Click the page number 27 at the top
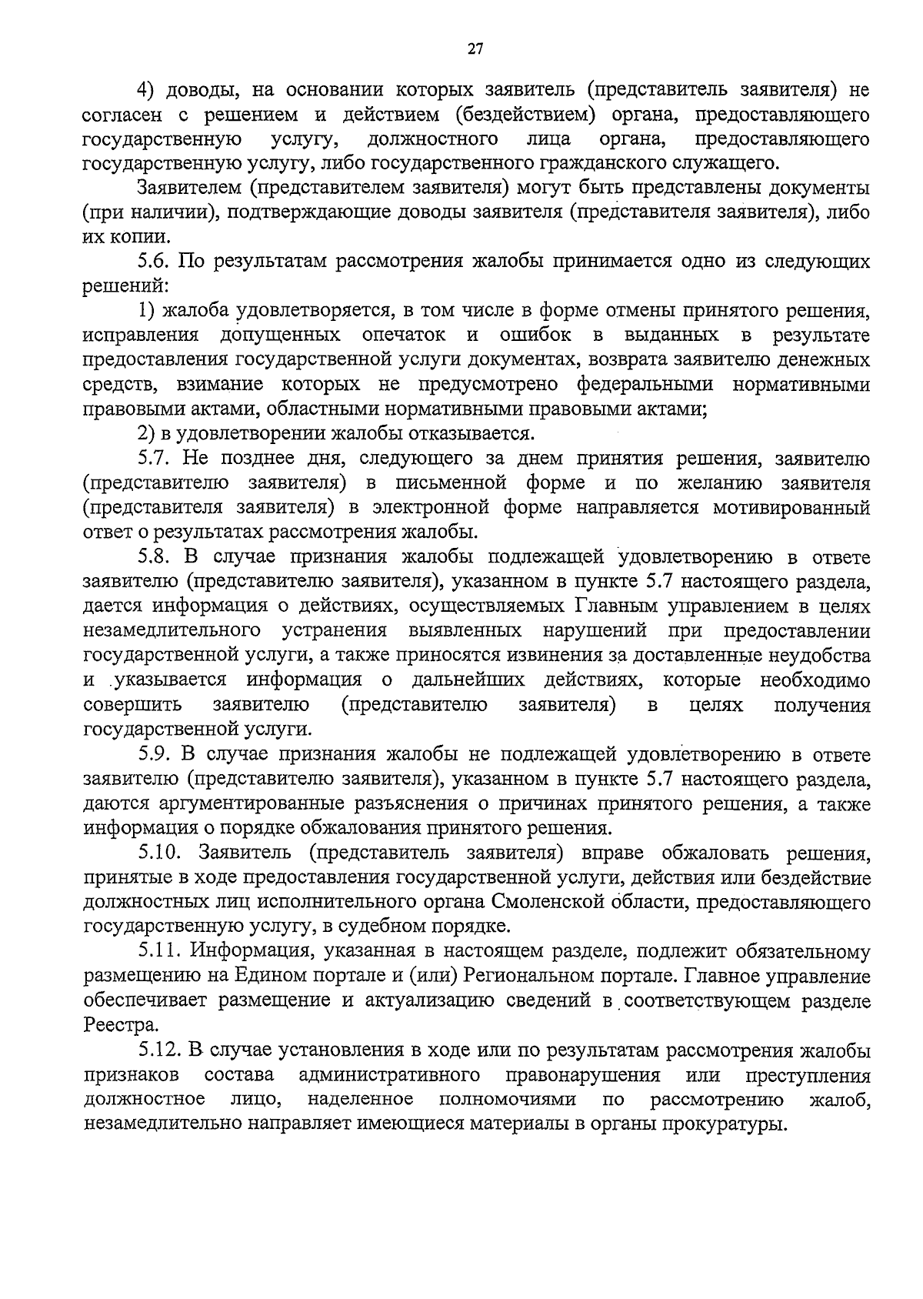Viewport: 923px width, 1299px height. click(475, 50)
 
